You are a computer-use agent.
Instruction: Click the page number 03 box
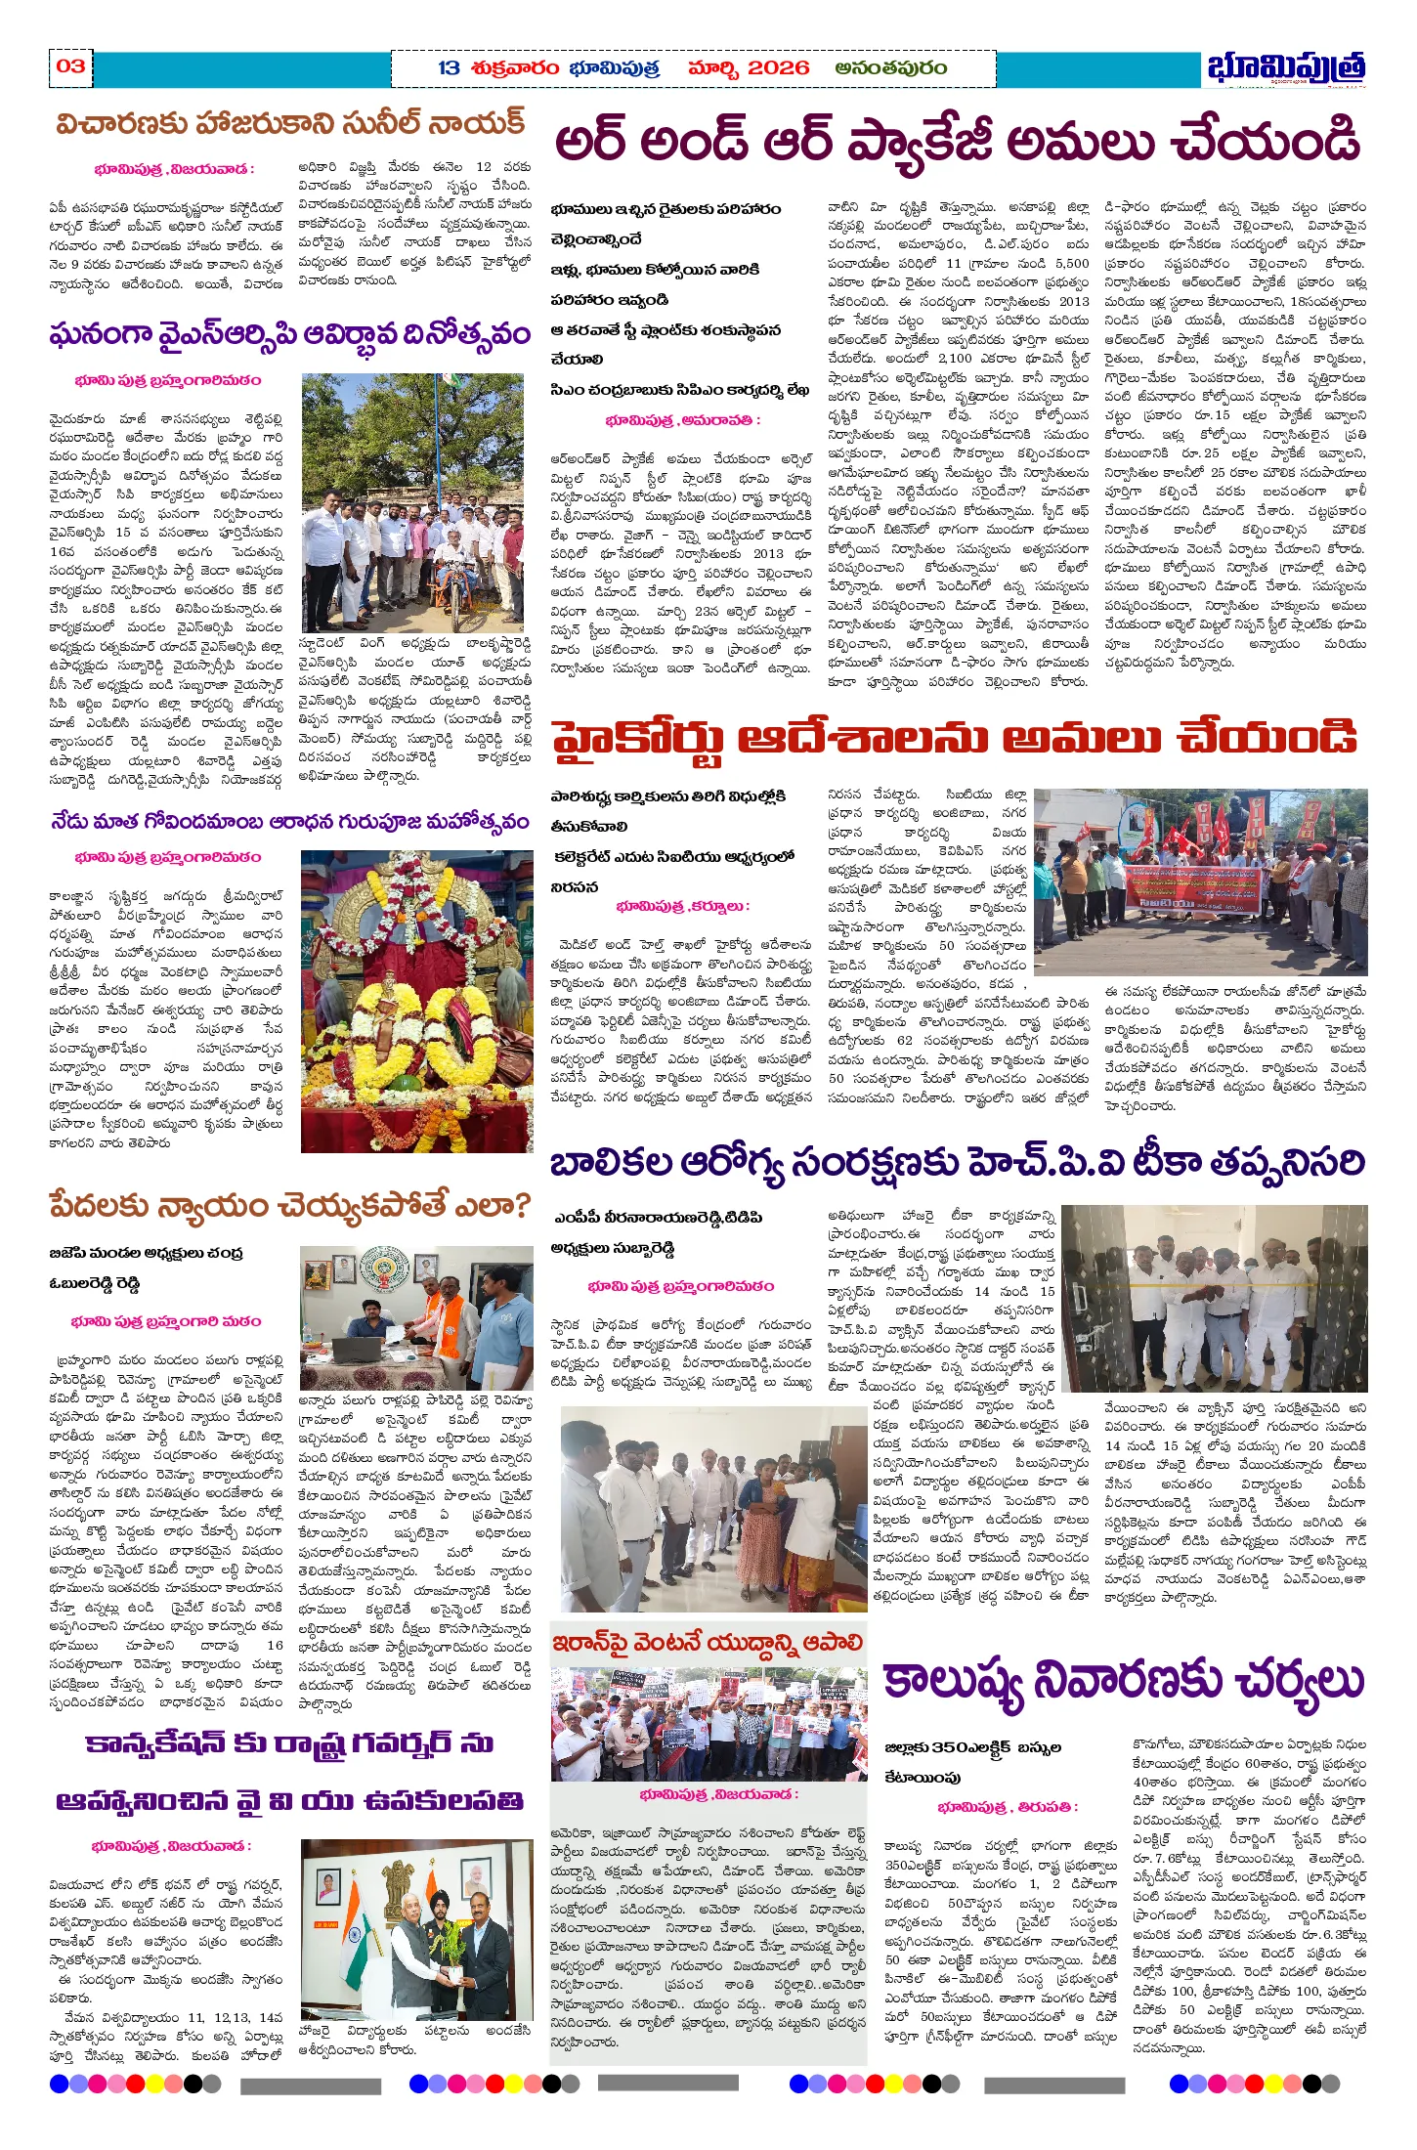coord(70,66)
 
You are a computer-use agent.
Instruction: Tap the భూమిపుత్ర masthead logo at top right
coord(1285,68)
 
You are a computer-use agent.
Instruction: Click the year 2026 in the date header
coord(778,68)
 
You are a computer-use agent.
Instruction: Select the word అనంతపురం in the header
coord(890,68)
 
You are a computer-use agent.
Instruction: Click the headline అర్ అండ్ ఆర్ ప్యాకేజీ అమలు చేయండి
coord(957,142)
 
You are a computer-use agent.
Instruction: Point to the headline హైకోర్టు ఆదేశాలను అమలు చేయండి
coord(954,739)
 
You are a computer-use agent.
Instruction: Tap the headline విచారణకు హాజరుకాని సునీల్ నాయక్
coord(290,124)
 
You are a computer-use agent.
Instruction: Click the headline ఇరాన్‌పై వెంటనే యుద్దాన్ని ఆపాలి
coord(708,1642)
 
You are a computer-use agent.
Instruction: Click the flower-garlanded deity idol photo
coord(417,1002)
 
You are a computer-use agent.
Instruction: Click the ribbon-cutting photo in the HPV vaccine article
coord(1214,1297)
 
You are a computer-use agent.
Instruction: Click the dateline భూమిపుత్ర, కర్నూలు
coord(682,906)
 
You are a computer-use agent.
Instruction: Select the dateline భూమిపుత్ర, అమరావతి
coord(682,420)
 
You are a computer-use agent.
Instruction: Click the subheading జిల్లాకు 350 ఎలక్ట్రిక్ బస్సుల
coord(972,1747)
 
